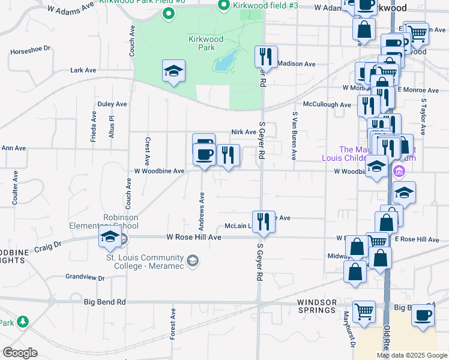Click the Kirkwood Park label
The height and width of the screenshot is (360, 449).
206,43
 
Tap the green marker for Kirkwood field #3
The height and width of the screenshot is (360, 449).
223,6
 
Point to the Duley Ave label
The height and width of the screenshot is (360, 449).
112,104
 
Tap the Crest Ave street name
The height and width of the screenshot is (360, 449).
147,151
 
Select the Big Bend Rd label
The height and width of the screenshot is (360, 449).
104,302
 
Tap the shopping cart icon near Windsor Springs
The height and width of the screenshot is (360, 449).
364,311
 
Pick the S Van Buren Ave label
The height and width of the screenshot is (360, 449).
294,136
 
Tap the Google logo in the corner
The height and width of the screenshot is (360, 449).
20,353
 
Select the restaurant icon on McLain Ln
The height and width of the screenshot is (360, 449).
263,221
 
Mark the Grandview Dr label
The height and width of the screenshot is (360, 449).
85,278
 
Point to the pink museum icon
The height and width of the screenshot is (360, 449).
399,172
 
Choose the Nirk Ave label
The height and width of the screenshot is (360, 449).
244,132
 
